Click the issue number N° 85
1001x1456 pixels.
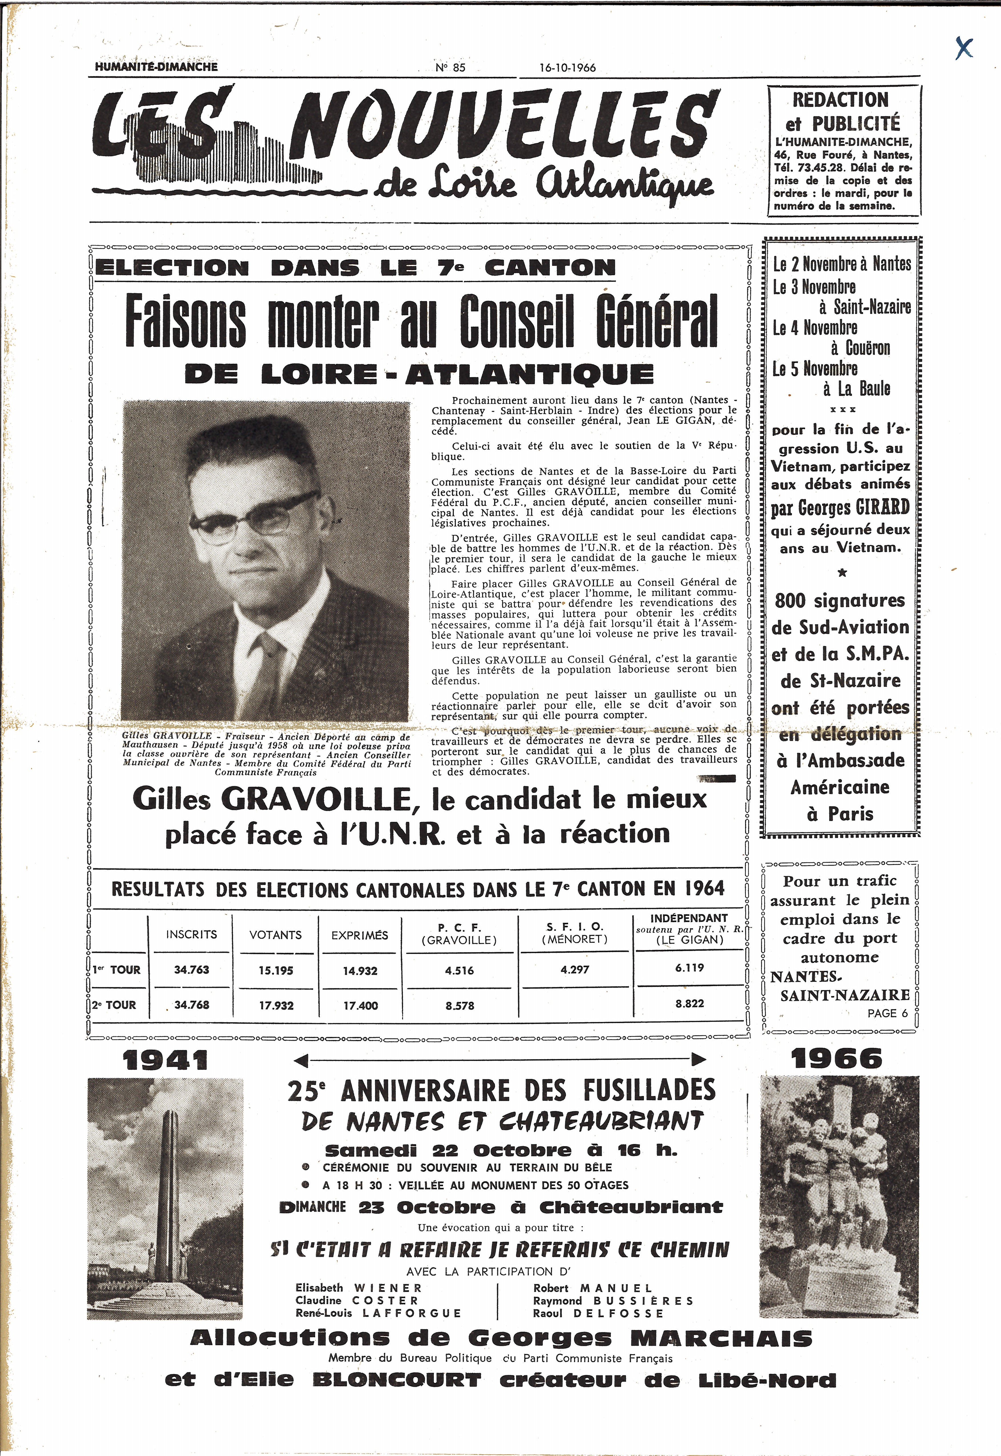pyautogui.click(x=450, y=68)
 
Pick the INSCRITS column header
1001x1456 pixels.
pyautogui.click(x=191, y=934)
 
